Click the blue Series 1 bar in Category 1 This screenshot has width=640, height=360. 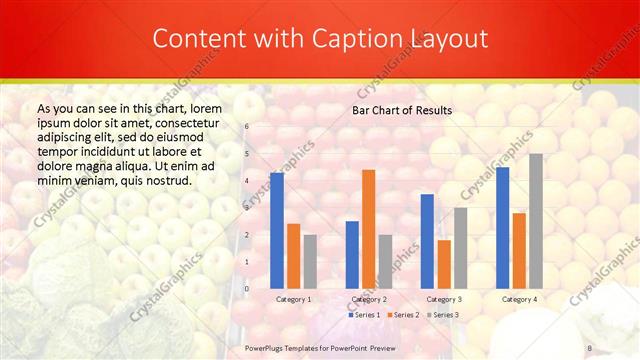click(x=277, y=231)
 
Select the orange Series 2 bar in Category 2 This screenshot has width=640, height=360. click(x=368, y=229)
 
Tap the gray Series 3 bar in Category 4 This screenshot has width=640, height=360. click(x=536, y=221)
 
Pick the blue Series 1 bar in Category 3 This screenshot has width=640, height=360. click(x=427, y=241)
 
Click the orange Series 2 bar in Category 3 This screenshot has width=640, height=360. click(x=444, y=264)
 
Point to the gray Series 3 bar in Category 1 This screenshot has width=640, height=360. click(x=310, y=261)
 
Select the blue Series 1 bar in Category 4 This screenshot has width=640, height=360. click(x=502, y=228)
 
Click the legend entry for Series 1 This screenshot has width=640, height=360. click(x=364, y=315)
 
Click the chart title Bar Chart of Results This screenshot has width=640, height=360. click(x=401, y=110)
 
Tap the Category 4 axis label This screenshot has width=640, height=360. click(x=519, y=299)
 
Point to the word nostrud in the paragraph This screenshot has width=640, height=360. click(x=165, y=180)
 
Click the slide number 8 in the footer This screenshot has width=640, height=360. click(x=590, y=347)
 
